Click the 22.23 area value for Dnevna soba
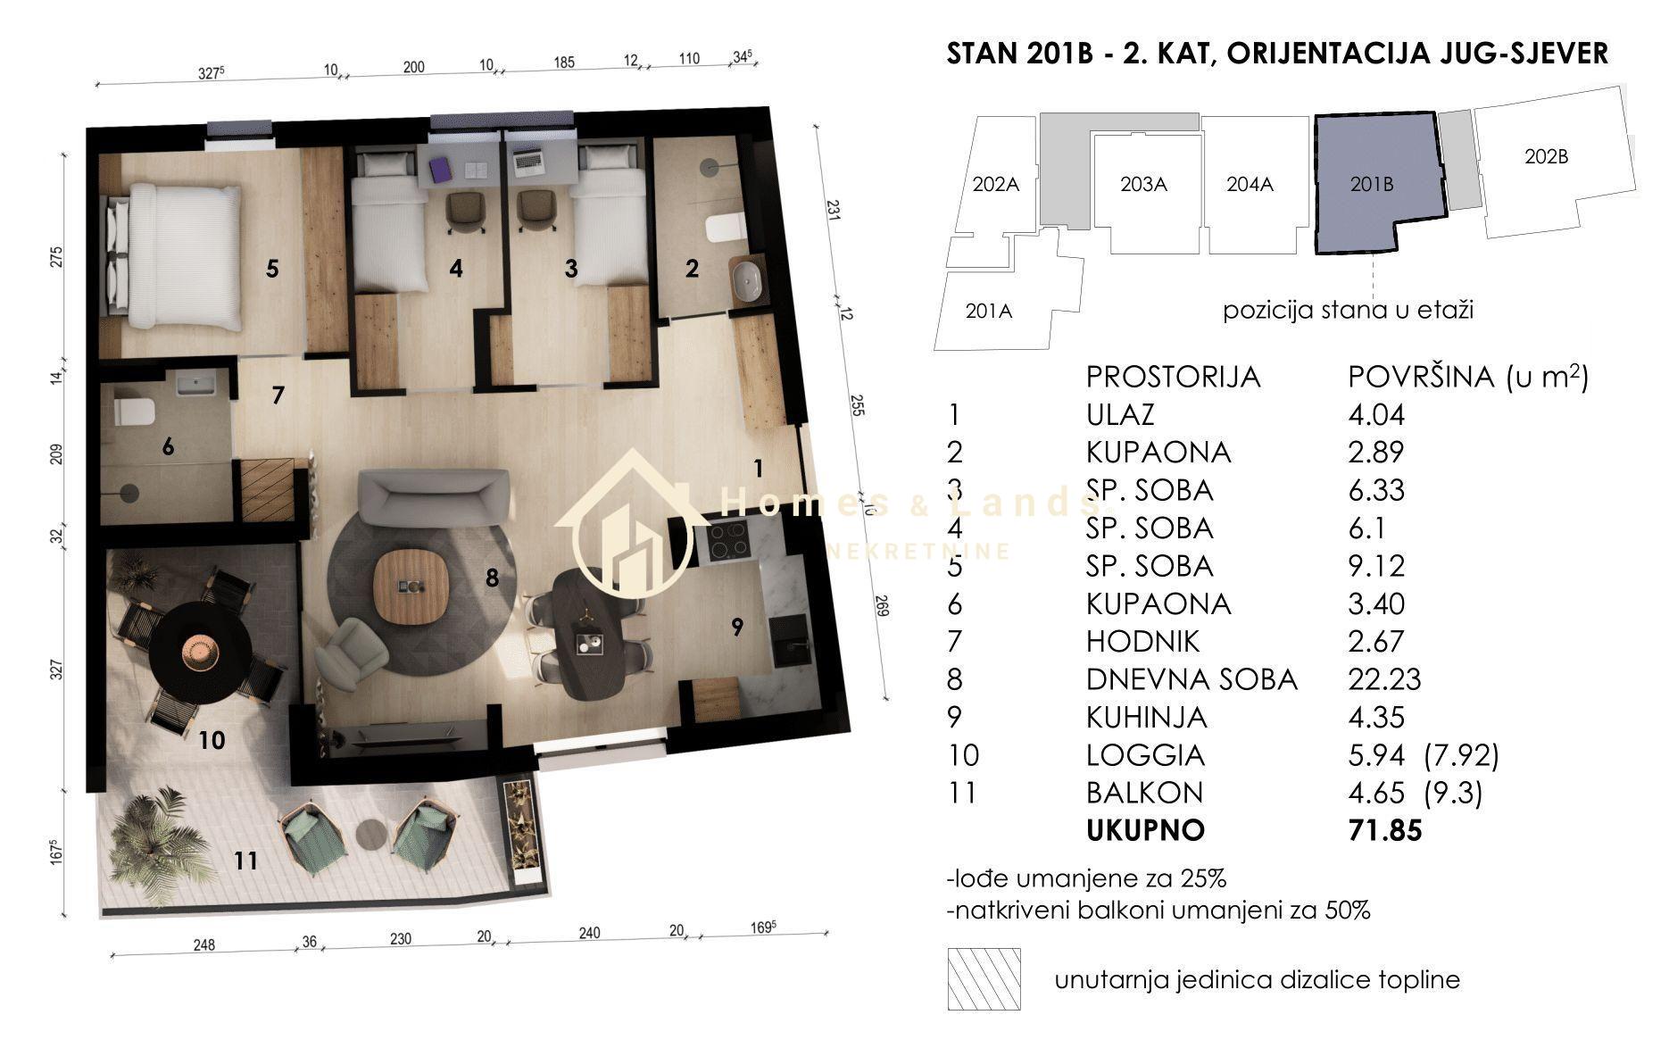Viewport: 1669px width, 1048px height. coord(1384,679)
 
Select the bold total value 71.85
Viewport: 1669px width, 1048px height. coord(1384,830)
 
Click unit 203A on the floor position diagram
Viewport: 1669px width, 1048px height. coord(1143,185)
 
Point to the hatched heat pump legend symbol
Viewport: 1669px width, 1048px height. coord(984,979)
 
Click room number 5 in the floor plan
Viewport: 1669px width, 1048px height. coord(272,268)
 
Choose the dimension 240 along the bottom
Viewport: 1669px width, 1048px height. coord(589,934)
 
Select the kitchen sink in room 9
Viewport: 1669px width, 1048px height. coord(790,640)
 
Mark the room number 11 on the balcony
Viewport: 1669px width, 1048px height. coord(245,861)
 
